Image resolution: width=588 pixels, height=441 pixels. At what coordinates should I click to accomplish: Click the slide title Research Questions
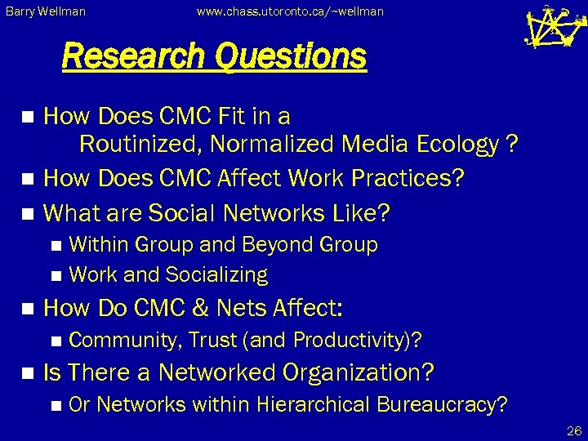[214, 57]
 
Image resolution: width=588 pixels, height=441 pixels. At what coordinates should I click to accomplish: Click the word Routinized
[140, 145]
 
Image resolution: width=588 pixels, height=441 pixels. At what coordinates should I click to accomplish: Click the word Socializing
[216, 275]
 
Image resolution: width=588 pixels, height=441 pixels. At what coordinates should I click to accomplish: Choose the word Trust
[214, 340]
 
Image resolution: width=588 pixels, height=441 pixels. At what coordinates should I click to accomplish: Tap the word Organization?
[358, 373]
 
